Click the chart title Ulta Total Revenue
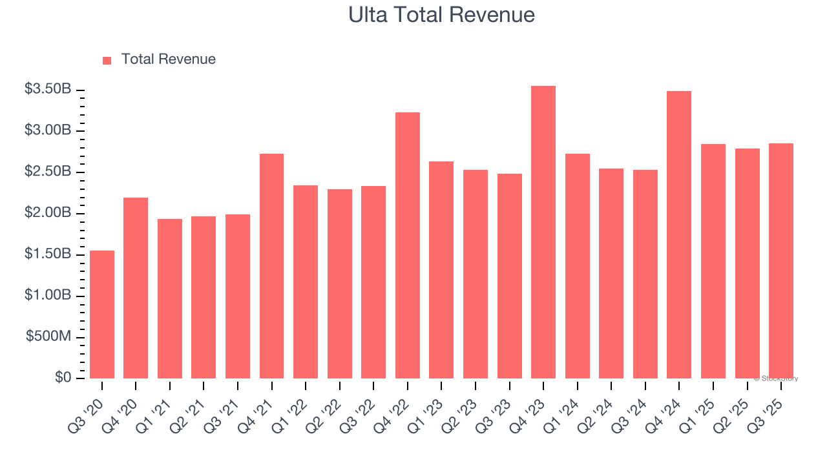[441, 15]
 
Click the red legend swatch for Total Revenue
[107, 60]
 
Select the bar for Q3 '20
[102, 315]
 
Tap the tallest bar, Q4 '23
[543, 232]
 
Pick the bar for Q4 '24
[679, 235]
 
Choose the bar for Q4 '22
[408, 245]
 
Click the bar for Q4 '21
[271, 266]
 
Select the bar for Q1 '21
[170, 298]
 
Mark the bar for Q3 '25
[780, 261]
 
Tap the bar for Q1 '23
[441, 270]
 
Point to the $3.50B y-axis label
[48, 89]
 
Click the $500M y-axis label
[48, 336]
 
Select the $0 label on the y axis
[63, 378]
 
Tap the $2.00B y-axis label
[48, 213]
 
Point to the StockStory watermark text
[776, 378]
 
